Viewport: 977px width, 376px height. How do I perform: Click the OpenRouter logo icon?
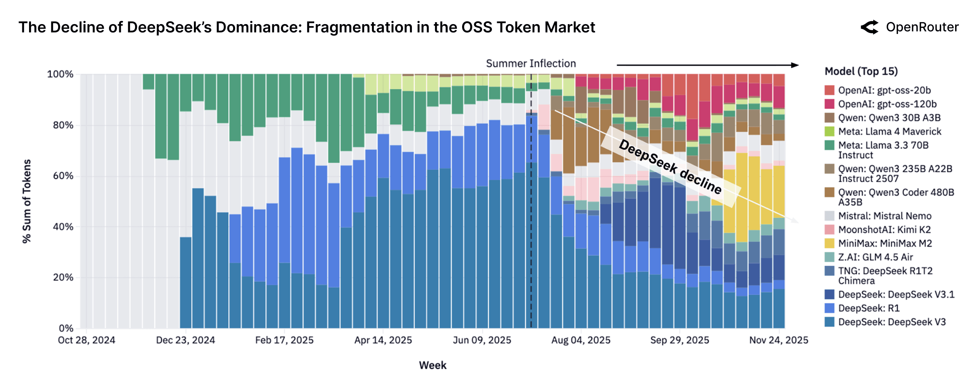click(870, 27)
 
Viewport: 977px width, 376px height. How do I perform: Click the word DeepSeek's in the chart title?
click(169, 27)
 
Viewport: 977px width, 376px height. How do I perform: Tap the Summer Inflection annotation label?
click(531, 64)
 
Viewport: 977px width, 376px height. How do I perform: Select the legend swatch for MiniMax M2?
click(830, 243)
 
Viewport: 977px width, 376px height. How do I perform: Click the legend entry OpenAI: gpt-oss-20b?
click(884, 90)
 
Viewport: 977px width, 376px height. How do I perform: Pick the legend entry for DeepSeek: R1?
click(868, 308)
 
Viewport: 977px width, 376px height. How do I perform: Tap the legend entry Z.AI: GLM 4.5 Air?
click(875, 257)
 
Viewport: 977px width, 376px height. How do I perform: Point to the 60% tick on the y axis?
click(63, 176)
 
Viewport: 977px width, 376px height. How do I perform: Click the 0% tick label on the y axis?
click(66, 328)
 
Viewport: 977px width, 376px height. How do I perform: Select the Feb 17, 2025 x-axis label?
click(284, 341)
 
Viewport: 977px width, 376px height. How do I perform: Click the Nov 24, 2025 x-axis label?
click(778, 341)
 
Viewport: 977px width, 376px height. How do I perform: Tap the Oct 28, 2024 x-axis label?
click(86, 341)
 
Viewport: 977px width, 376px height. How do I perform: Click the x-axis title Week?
click(432, 365)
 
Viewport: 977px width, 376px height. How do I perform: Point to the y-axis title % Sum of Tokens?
click(26, 201)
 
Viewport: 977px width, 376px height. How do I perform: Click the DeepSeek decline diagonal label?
click(670, 167)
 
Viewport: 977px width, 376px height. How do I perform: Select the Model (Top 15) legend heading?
click(861, 72)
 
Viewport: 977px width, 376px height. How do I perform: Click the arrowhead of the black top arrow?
click(795, 65)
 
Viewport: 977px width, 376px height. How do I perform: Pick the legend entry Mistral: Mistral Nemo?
click(885, 216)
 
